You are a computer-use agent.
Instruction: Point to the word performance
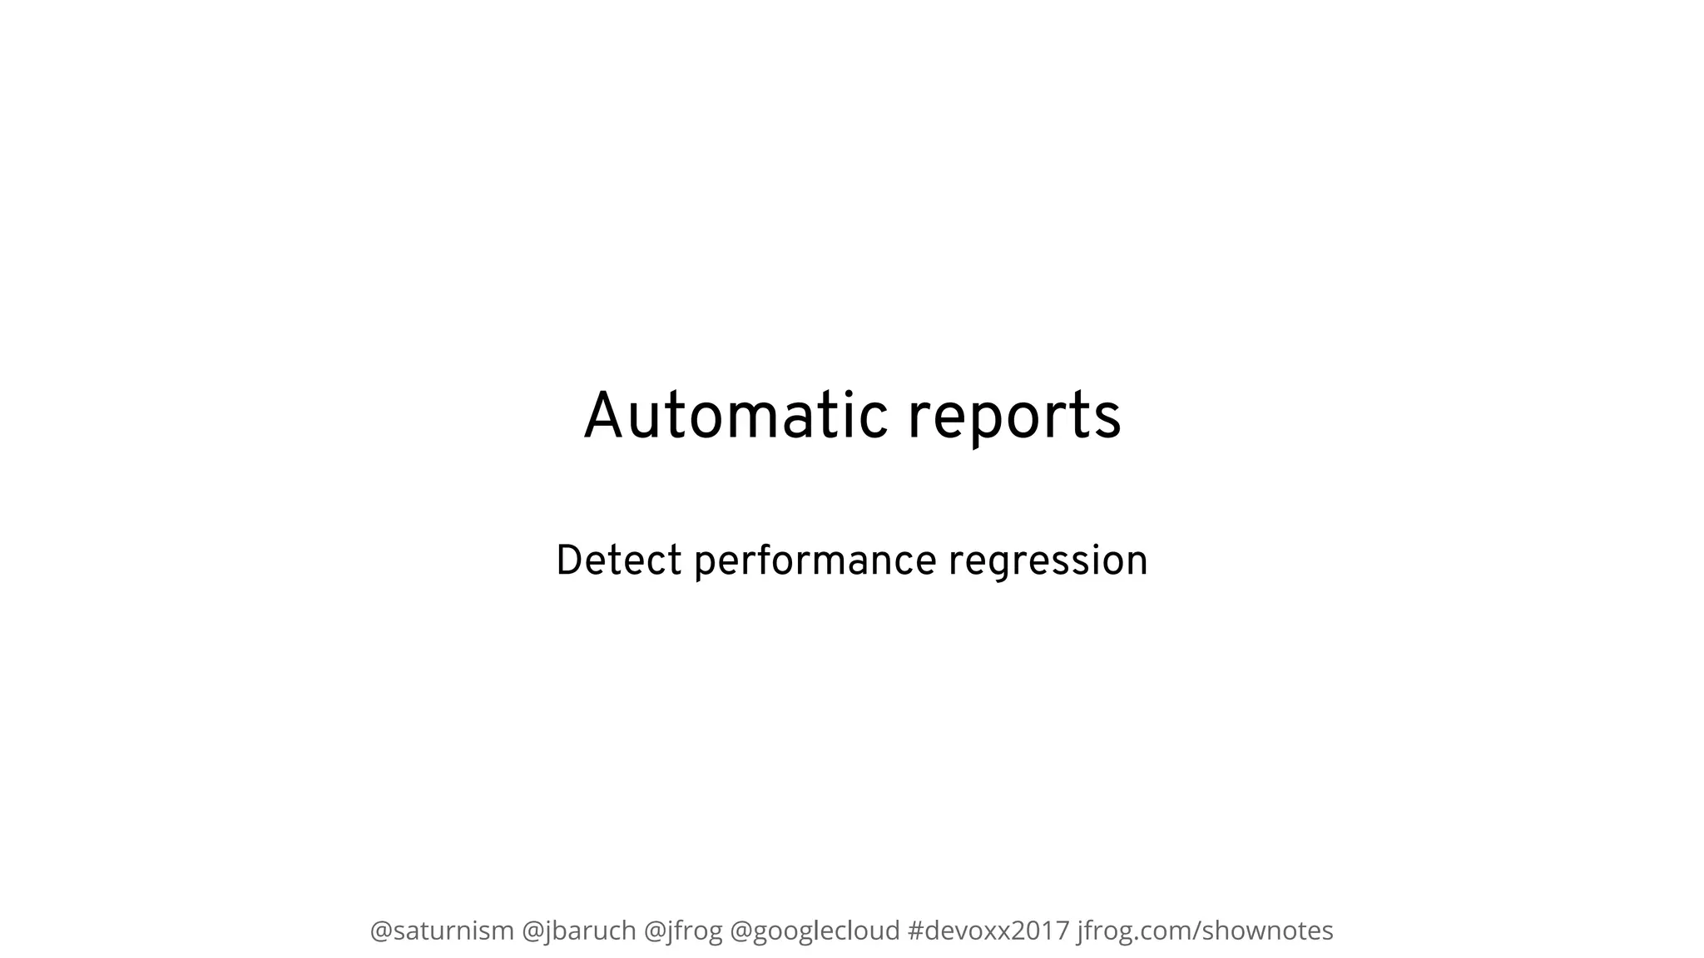point(815,562)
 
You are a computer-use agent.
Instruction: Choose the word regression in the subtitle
point(1048,562)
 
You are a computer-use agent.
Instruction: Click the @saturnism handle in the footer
point(442,931)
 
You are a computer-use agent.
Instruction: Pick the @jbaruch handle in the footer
point(579,931)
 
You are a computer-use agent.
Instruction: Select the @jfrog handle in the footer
point(683,931)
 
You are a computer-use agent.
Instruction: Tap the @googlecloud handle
point(815,931)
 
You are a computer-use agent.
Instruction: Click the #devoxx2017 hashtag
point(988,931)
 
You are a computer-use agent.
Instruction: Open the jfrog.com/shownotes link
point(1205,931)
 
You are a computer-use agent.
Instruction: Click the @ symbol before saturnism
point(381,931)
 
